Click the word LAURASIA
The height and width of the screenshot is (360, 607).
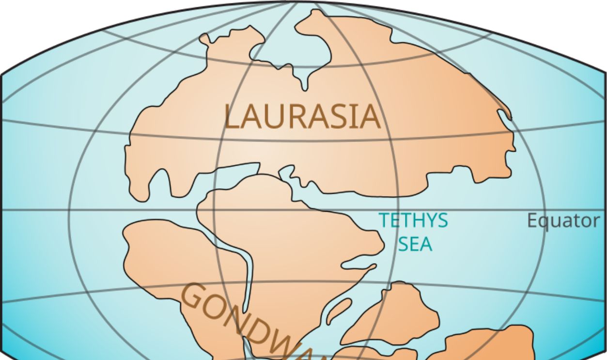(x=302, y=117)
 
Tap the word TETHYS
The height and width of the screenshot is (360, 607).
(x=413, y=220)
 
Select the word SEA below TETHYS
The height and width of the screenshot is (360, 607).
(x=415, y=244)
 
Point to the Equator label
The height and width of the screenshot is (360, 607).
(x=563, y=221)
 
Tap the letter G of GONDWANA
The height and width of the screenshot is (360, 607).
(x=193, y=296)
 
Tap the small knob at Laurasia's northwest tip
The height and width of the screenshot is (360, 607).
(x=204, y=39)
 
